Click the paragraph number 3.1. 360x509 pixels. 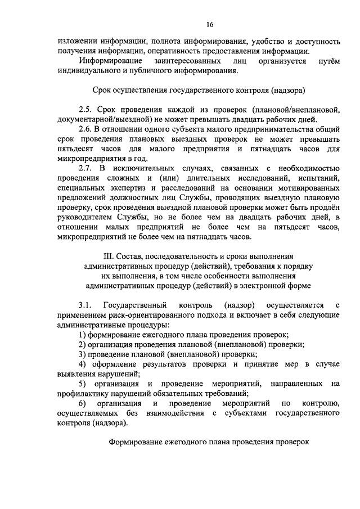coord(86,305)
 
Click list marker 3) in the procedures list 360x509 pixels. coord(82,354)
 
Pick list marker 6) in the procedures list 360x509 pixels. coord(82,404)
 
